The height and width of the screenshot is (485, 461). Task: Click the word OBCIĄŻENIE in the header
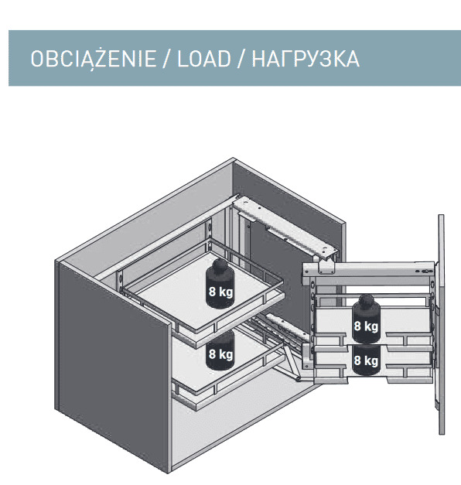pyautogui.click(x=93, y=59)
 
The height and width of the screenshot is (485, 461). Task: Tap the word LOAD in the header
pyautogui.click(x=204, y=59)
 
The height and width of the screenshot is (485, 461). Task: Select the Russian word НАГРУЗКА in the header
pyautogui.click(x=306, y=59)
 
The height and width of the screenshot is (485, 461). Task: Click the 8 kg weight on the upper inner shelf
pyautogui.click(x=220, y=284)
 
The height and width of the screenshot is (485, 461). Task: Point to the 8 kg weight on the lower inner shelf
pyautogui.click(x=220, y=352)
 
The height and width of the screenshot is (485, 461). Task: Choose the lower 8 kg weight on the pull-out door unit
pyautogui.click(x=366, y=360)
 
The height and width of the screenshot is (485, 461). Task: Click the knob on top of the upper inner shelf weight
pyautogui.click(x=220, y=265)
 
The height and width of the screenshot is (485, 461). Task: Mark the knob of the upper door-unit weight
pyautogui.click(x=366, y=301)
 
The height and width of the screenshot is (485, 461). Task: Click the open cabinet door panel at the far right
pyautogui.click(x=442, y=324)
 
